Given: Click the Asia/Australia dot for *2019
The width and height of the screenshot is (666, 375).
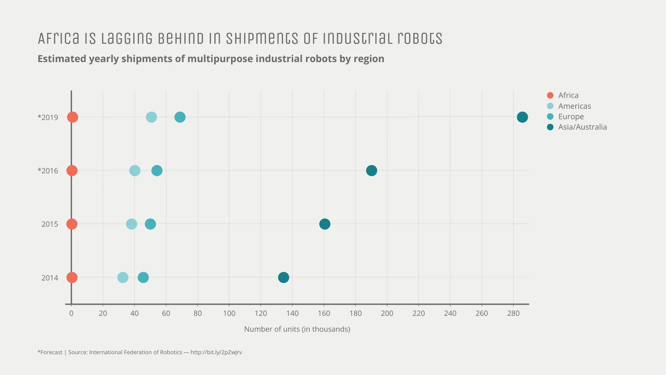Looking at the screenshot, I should click(x=522, y=117).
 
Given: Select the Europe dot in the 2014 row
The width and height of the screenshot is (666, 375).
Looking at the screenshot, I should click(x=143, y=277).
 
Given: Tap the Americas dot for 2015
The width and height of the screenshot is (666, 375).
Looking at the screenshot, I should click(x=131, y=224).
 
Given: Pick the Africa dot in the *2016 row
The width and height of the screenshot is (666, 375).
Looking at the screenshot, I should click(x=72, y=171).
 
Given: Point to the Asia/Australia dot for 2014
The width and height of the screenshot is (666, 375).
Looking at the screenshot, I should click(x=283, y=277).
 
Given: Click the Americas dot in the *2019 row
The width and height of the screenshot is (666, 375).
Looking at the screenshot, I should click(x=151, y=117).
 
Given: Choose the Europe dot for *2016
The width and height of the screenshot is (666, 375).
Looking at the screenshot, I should click(x=157, y=171).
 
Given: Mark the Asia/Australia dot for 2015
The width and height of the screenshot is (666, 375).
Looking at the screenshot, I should click(x=324, y=224).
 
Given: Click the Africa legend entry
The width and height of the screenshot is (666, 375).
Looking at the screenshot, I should click(x=568, y=95).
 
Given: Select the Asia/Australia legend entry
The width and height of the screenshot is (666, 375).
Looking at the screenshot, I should click(x=582, y=127).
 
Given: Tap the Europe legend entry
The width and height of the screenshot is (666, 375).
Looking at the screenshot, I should click(x=570, y=117).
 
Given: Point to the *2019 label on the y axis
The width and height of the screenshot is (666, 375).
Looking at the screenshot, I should click(x=48, y=117).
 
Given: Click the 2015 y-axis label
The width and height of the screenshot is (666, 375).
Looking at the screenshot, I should click(x=50, y=224).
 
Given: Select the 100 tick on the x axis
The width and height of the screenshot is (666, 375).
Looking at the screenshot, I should click(x=229, y=313).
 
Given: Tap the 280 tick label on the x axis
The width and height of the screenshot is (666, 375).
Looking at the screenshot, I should click(x=513, y=313).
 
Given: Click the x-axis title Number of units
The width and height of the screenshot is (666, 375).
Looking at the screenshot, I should click(x=297, y=329).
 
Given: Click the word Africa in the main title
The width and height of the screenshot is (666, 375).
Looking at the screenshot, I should click(x=58, y=38).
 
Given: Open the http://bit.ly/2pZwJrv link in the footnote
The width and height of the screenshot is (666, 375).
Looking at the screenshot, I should click(x=216, y=352).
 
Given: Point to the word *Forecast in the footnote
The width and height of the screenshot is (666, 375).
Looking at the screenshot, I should click(x=50, y=352).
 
